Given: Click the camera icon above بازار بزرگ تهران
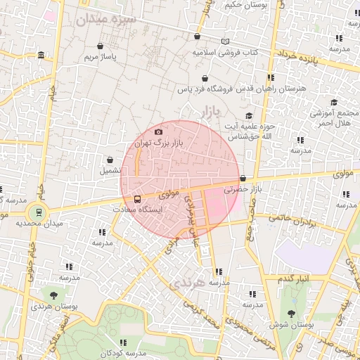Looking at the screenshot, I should click(x=158, y=131).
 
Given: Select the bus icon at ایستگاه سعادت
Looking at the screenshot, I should click(x=137, y=198).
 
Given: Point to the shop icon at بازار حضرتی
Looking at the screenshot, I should click(x=243, y=179).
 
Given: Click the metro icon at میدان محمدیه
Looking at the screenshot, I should click(x=38, y=211).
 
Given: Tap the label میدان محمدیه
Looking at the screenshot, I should click(x=39, y=223).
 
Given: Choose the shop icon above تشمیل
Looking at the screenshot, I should click(x=110, y=160).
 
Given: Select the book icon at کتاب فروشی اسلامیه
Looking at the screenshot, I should click(x=225, y=41).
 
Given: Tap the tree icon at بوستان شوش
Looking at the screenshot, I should click(x=291, y=314).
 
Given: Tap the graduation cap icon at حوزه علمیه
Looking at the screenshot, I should click(x=248, y=116).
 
